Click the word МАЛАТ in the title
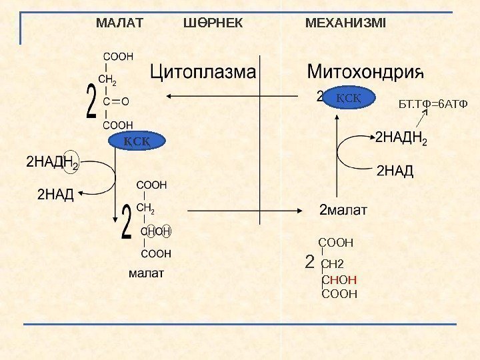(x=119, y=24)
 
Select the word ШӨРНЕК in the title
(x=213, y=24)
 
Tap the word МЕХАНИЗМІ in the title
(x=345, y=24)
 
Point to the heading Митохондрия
(x=365, y=71)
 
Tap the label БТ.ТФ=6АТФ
(x=433, y=105)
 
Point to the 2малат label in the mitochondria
(x=343, y=211)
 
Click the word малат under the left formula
(x=145, y=274)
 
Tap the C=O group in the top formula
(x=116, y=101)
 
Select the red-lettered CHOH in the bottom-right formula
(x=339, y=280)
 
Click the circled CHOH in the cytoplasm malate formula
(x=156, y=231)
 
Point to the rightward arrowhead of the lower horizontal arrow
(x=302, y=211)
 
